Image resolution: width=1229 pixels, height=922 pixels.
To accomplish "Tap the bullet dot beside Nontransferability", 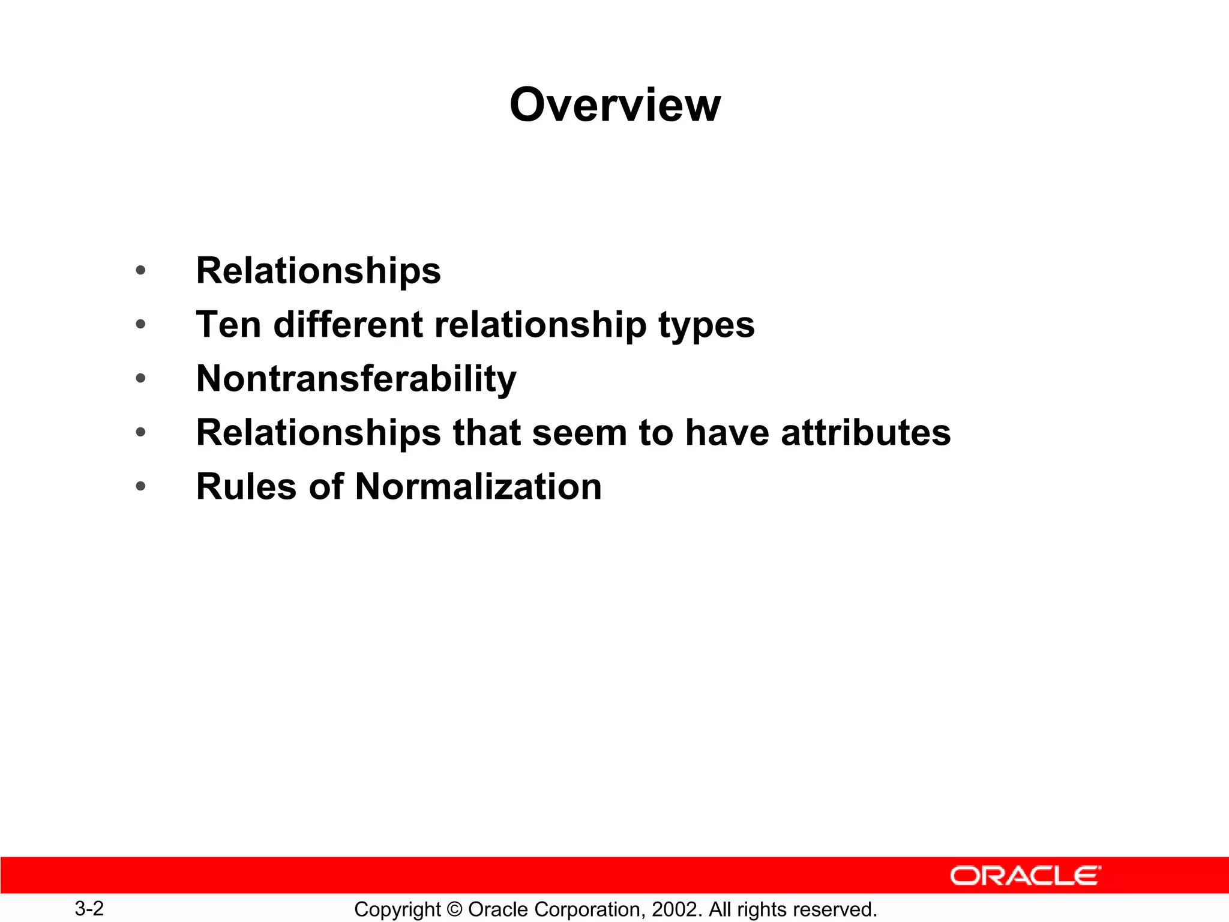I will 140,378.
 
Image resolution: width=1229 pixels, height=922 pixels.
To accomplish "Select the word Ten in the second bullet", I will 229,325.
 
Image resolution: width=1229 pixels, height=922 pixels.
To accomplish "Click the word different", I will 347,325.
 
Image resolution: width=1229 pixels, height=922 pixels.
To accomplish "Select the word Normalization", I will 478,486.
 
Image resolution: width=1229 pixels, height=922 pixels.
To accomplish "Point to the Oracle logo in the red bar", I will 1025,876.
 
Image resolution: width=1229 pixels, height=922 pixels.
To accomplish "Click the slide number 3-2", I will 89,908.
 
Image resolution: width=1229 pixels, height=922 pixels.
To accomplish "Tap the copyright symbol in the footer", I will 455,909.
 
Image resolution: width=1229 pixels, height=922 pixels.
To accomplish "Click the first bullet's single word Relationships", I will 318,271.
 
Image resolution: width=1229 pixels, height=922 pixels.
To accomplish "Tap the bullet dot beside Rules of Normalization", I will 140,486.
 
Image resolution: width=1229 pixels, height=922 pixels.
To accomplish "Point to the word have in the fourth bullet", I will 727,433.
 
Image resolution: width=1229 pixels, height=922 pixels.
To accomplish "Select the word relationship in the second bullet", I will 540,325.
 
